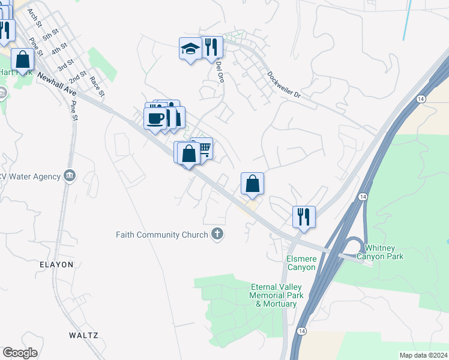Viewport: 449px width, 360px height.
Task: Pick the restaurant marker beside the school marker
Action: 211,47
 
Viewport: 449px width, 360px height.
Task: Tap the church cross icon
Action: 217,235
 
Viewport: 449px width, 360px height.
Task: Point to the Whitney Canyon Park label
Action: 380,252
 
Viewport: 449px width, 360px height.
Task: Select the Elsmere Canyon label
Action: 300,263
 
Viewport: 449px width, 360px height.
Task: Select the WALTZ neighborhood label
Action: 83,335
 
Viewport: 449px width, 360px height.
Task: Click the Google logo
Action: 20,353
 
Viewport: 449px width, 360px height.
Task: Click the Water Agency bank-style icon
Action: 70,176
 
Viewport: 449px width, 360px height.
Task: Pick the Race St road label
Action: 97,86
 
